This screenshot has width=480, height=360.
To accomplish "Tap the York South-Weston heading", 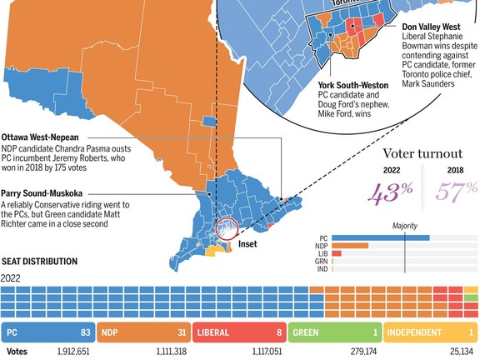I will pyautogui.click(x=352, y=85).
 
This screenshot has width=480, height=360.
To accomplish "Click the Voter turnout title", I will pyautogui.click(x=422, y=154).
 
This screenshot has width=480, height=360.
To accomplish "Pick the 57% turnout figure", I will pyautogui.click(x=455, y=192).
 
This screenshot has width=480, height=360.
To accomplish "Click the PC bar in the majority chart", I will pyautogui.click(x=380, y=237).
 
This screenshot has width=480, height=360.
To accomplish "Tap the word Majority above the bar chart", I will pyautogui.click(x=404, y=225).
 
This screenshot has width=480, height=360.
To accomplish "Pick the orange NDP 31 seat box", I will pyautogui.click(x=143, y=332).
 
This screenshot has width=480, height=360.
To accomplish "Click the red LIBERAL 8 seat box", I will pyautogui.click(x=239, y=332).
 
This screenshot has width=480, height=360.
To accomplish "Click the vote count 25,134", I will pyautogui.click(x=459, y=352).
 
